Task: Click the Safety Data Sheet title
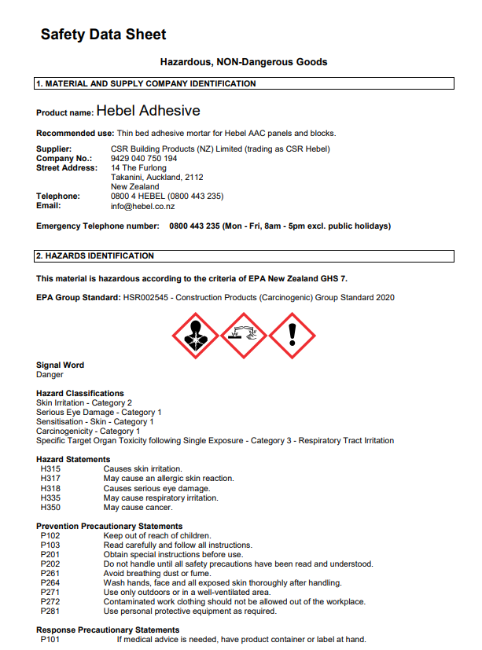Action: click(103, 35)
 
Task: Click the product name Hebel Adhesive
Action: click(148, 111)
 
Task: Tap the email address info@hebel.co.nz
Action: click(142, 206)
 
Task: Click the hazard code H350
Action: click(50, 508)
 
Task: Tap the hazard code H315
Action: click(50, 469)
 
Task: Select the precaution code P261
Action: click(50, 574)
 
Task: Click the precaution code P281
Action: click(50, 611)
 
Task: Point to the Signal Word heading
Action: click(60, 365)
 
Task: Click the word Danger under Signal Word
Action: click(50, 375)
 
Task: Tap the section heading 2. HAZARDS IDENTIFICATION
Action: click(95, 256)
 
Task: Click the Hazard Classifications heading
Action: click(80, 393)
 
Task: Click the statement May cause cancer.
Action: click(138, 508)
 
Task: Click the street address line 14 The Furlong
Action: click(138, 167)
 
